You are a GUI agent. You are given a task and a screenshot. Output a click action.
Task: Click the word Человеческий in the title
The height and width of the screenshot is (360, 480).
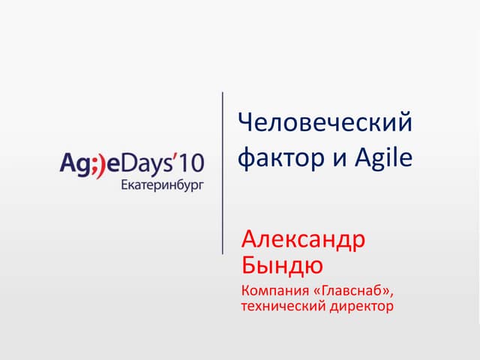[325, 122]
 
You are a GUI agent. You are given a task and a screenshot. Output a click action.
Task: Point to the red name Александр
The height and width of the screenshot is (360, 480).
[304, 241]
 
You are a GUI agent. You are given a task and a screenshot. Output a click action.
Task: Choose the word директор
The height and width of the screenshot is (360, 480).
[361, 306]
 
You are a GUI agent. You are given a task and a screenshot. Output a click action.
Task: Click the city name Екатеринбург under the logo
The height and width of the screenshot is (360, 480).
[161, 182]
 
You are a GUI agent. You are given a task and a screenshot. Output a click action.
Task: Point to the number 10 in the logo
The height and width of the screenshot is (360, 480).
[190, 161]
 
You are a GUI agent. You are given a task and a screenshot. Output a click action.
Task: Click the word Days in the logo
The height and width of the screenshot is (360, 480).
[145, 161]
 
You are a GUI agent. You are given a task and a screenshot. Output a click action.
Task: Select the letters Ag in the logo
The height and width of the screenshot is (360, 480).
[73, 163]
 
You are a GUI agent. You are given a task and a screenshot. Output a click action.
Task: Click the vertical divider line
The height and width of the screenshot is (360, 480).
[223, 172]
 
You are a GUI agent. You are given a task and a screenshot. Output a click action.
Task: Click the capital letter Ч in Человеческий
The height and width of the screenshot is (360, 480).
[244, 122]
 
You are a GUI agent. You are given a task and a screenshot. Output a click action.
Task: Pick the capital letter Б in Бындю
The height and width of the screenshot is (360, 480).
[250, 264]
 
